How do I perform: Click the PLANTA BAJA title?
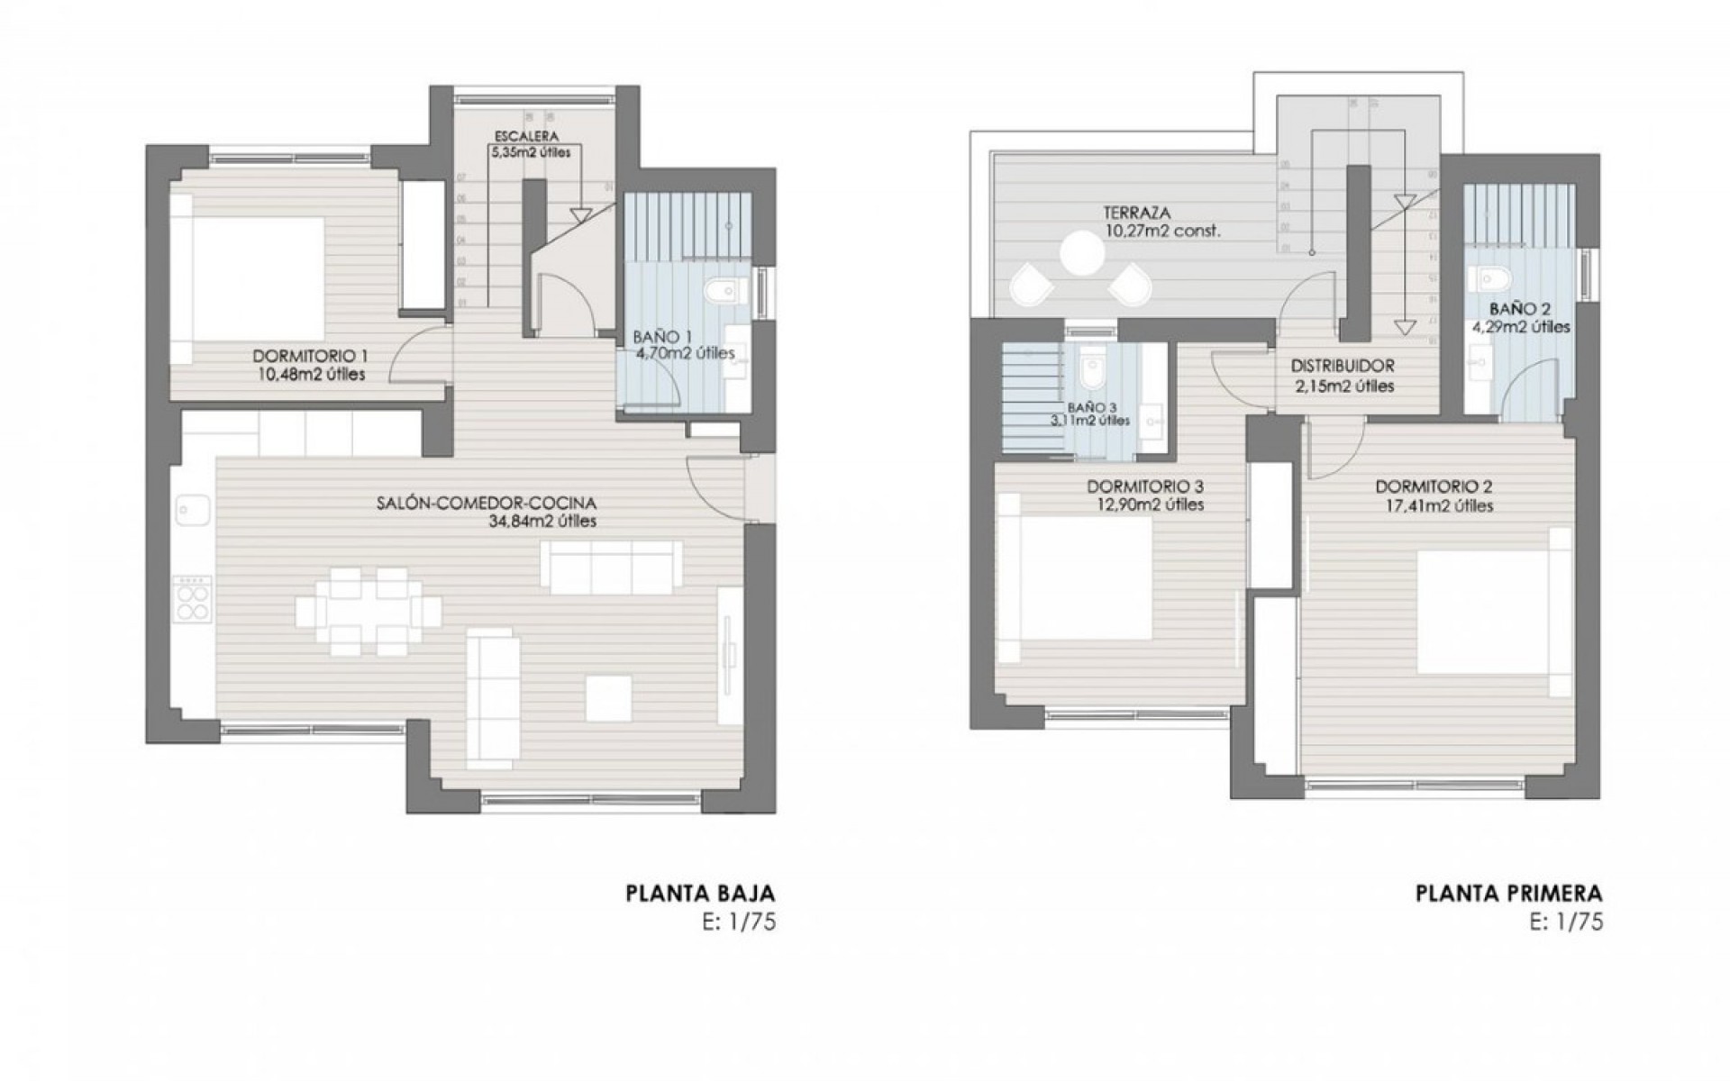click(x=700, y=894)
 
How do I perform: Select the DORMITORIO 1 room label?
click(x=309, y=355)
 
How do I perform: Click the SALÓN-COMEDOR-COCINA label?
click(x=487, y=504)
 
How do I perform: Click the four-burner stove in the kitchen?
click(x=191, y=598)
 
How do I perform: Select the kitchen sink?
click(x=191, y=511)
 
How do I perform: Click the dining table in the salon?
click(x=369, y=612)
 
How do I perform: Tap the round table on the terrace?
click(x=1082, y=253)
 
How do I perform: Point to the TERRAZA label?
click(x=1136, y=213)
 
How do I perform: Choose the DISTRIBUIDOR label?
click(x=1342, y=367)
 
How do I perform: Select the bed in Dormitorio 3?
click(x=1077, y=580)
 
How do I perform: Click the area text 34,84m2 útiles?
click(x=539, y=522)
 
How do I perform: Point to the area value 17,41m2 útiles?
click(x=1434, y=506)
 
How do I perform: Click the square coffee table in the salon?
click(x=607, y=698)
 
